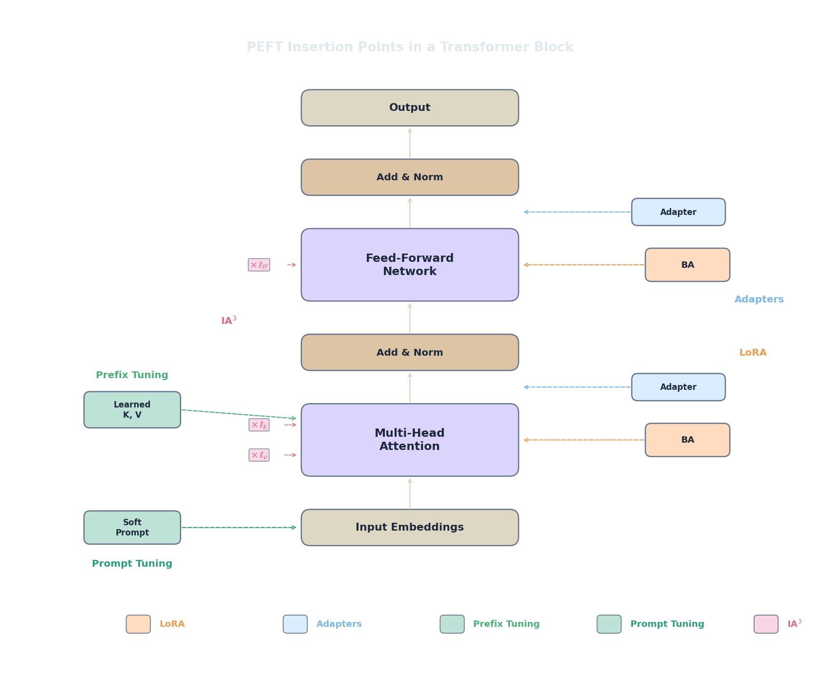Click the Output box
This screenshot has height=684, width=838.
pyautogui.click(x=410, y=107)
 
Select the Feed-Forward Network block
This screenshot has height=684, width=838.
pyautogui.click(x=410, y=264)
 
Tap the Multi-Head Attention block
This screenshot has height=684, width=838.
pyautogui.click(x=410, y=439)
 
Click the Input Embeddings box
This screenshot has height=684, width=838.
pyautogui.click(x=410, y=527)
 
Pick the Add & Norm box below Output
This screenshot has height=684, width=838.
pyautogui.click(x=410, y=177)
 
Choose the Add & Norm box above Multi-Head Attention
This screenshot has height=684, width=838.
pyautogui.click(x=410, y=352)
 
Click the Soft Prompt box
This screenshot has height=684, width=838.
pyautogui.click(x=132, y=527)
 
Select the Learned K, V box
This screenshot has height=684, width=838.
pyautogui.click(x=132, y=409)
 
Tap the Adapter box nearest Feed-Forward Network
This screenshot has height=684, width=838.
pyautogui.click(x=678, y=212)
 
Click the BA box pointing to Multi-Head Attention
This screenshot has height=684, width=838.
pyautogui.click(x=687, y=440)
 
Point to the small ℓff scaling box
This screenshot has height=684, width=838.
pyautogui.click(x=259, y=265)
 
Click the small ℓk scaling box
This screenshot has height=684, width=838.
pyautogui.click(x=259, y=425)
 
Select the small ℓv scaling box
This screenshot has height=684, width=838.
pyautogui.click(x=259, y=455)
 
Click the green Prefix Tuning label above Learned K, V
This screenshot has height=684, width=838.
pyautogui.click(x=132, y=375)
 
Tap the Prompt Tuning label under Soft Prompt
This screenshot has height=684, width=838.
pyautogui.click(x=132, y=563)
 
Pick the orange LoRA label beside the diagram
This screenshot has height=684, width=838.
pyautogui.click(x=753, y=352)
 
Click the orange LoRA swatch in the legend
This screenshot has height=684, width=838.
pyautogui.click(x=138, y=624)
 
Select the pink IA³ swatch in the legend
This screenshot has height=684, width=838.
pyautogui.click(x=766, y=624)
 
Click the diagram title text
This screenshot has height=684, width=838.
pyautogui.click(x=410, y=47)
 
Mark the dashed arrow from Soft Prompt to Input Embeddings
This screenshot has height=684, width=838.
pyautogui.click(x=239, y=527)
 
